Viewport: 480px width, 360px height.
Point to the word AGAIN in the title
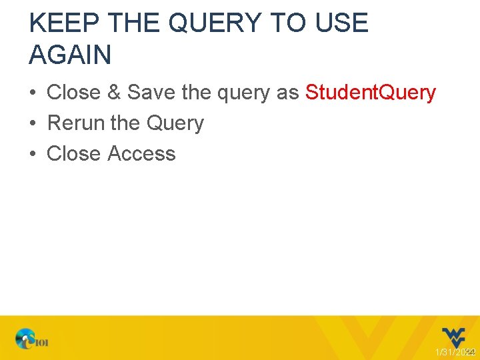coord(70,55)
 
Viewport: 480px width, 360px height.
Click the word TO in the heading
coord(286,23)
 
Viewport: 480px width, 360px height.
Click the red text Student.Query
coord(371,93)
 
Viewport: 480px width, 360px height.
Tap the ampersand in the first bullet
coord(113,93)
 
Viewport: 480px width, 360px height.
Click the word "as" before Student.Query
coord(288,93)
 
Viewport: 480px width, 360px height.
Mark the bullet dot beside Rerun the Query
coord(33,124)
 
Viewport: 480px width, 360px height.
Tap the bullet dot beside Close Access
coord(33,155)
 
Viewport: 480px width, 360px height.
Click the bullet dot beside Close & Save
coord(33,93)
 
